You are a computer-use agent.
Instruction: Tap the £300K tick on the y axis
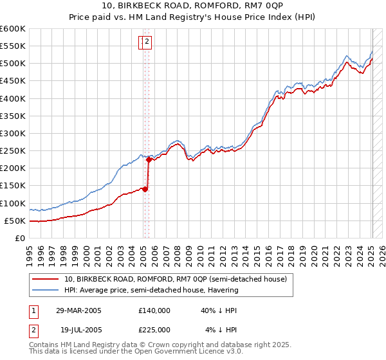click(x=12, y=133)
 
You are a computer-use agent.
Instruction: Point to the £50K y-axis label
click(x=14, y=221)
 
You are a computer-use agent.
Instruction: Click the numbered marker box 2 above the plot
click(x=147, y=42)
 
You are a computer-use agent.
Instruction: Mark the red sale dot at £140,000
click(x=145, y=189)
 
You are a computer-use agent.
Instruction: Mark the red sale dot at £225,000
click(x=149, y=159)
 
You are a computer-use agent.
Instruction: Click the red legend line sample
click(x=46, y=279)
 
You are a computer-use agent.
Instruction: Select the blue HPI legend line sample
click(x=46, y=290)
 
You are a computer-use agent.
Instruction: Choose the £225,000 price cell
click(x=154, y=329)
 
